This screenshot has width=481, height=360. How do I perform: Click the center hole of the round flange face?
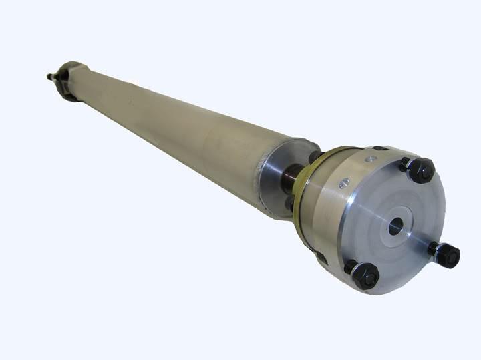point(395,226)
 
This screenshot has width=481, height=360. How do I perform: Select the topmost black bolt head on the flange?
point(422,171)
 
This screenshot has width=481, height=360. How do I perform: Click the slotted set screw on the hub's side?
point(343,184)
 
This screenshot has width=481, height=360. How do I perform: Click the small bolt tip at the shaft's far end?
point(50,77)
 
